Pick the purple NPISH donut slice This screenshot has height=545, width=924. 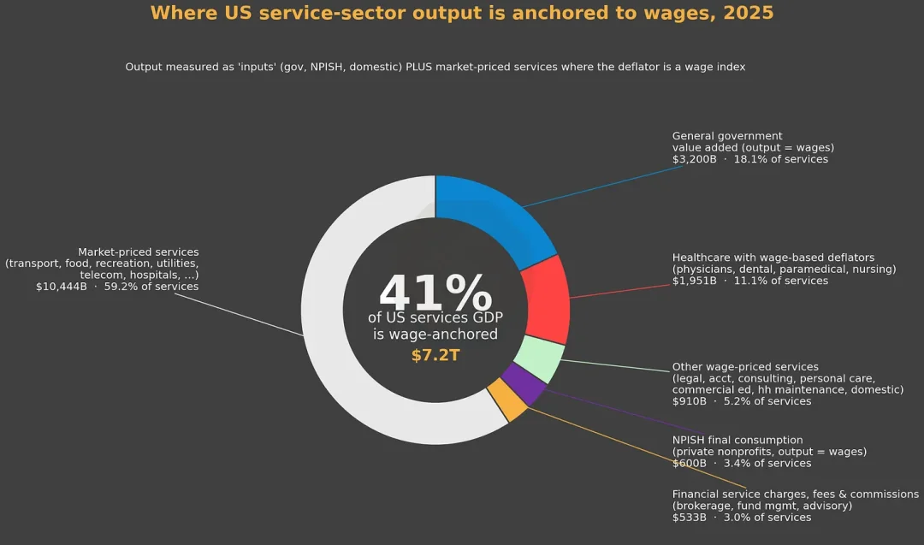coord(524,383)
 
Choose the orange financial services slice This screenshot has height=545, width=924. coord(506,400)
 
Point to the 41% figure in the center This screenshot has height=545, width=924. coord(435,293)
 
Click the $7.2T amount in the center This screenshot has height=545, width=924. coord(435,355)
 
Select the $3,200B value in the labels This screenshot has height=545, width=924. coord(694,159)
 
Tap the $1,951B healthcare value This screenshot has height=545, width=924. coord(694,281)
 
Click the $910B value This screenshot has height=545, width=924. coord(689,401)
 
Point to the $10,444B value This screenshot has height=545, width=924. coord(62,287)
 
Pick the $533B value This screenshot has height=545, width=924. coord(689,518)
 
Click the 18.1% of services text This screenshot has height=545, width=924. coord(781,159)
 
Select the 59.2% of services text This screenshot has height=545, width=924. coord(151,287)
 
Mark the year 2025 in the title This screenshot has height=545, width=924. coord(749,13)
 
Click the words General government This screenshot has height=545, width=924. coord(727,136)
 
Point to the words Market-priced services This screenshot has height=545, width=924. coord(139,252)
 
